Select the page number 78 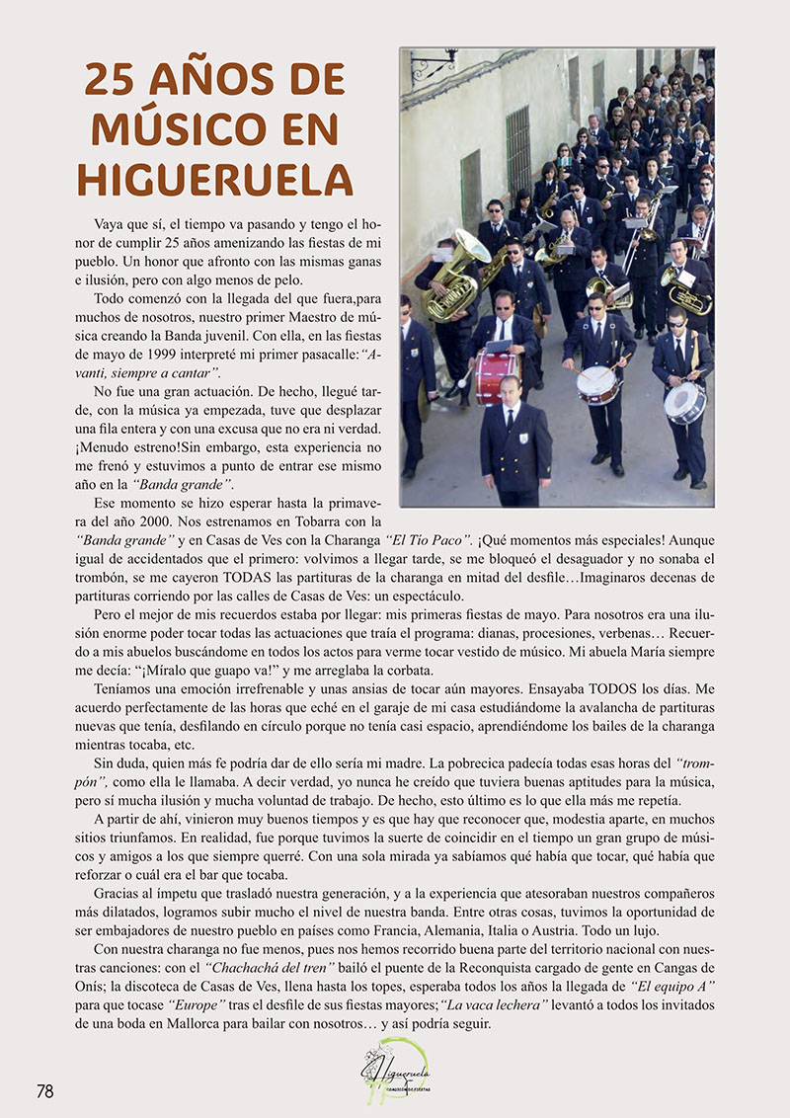45,1090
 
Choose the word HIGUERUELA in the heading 214,178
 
